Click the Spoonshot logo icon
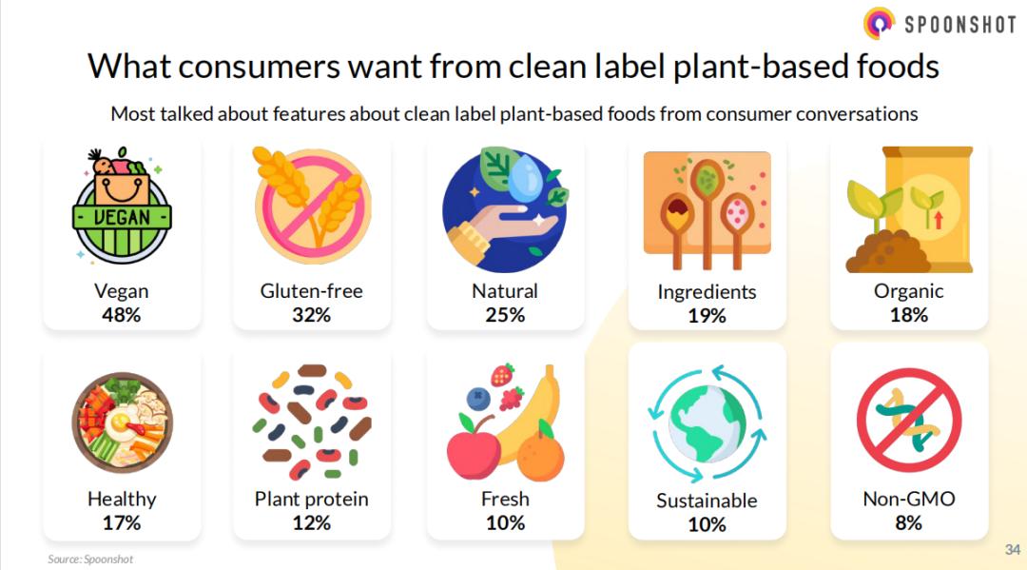tap(879, 23)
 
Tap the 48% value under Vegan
tap(121, 315)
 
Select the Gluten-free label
tap(311, 290)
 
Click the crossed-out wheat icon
tap(313, 205)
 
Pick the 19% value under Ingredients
tap(707, 316)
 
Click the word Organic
tap(908, 291)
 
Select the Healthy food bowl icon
tap(122, 423)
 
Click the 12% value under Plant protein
tap(311, 522)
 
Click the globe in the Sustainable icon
tap(707, 423)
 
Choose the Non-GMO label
tap(908, 499)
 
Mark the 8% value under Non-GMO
tap(908, 522)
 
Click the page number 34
tap(1013, 549)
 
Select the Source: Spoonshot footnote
tap(90, 559)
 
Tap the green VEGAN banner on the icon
tap(122, 217)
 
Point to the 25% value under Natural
tap(504, 315)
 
